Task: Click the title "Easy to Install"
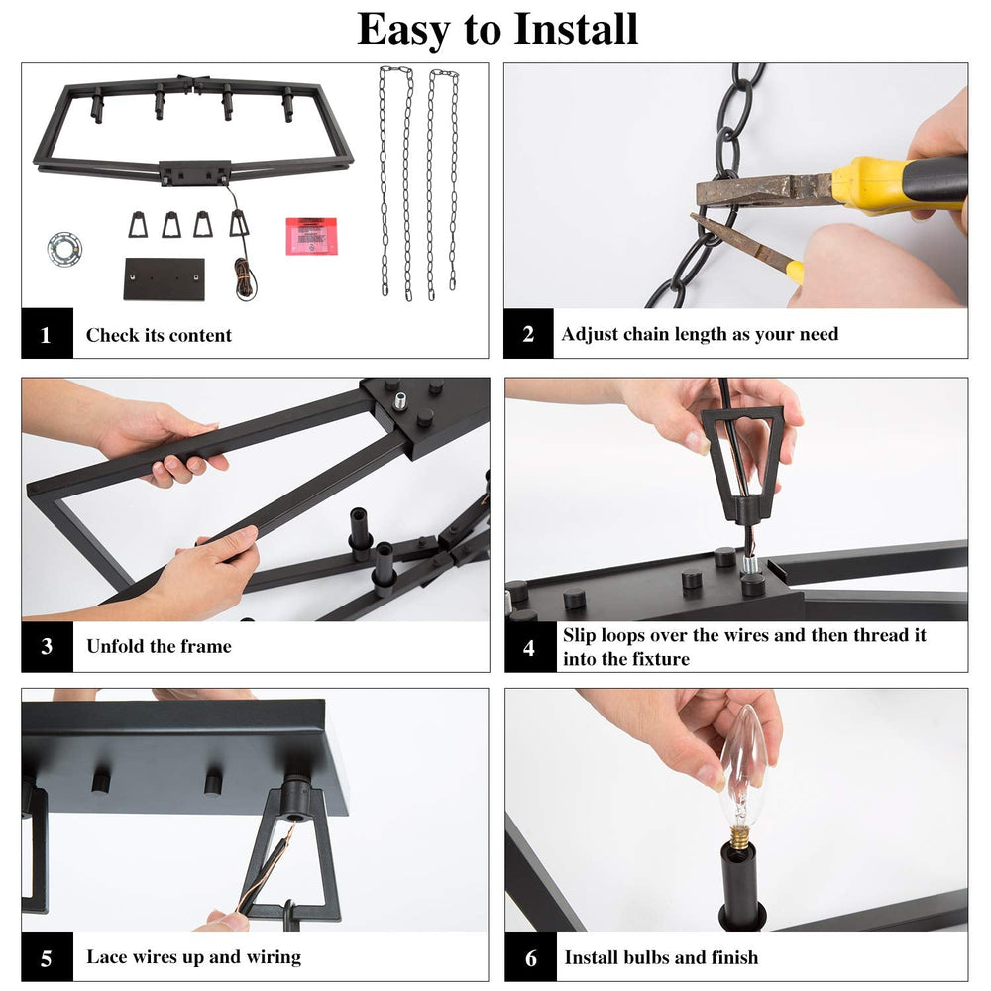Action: (496, 29)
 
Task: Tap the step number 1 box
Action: (46, 334)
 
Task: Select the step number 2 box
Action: (528, 334)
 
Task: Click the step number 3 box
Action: (47, 647)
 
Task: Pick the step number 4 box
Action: (529, 647)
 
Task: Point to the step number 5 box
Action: (47, 957)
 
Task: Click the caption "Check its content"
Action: (159, 335)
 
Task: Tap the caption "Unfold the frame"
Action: (159, 647)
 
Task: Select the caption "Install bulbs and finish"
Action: (661, 957)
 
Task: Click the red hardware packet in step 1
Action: (311, 236)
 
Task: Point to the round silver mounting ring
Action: (64, 248)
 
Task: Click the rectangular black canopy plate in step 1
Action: (164, 277)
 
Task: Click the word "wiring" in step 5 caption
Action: (273, 957)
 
